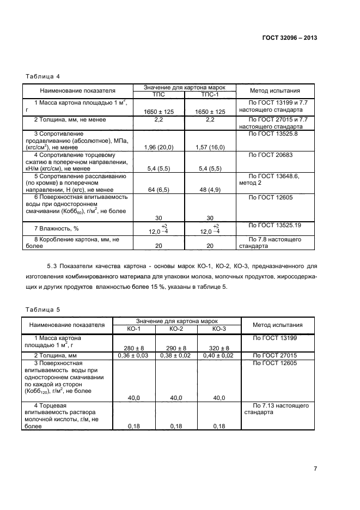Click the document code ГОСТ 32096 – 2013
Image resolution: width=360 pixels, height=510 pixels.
pyautogui.click(x=290, y=38)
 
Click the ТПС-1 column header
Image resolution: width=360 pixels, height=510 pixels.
pyautogui.click(x=210, y=94)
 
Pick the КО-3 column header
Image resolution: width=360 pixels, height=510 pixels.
pyautogui.click(x=219, y=329)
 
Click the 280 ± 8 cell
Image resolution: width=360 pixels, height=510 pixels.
pyautogui.click(x=134, y=348)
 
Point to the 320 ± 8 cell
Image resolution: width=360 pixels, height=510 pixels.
pyautogui.click(x=219, y=348)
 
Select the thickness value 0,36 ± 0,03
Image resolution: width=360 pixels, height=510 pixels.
pyautogui.click(x=134, y=355)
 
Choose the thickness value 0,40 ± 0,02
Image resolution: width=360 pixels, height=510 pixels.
pyautogui.click(x=219, y=355)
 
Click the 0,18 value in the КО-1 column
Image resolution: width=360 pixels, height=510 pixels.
pyautogui.click(x=134, y=426)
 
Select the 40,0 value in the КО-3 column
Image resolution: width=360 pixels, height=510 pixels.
pyautogui.click(x=219, y=398)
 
